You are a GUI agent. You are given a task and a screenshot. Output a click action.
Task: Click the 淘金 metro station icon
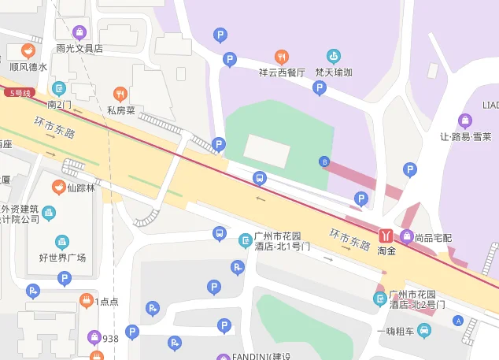click(386, 236)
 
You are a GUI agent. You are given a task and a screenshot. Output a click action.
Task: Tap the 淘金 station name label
click(386, 251)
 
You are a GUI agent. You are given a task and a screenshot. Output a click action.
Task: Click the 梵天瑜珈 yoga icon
click(334, 57)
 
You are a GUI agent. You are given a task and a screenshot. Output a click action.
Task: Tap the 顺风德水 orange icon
click(28, 51)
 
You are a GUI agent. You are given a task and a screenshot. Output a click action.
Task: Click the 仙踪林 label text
click(81, 187)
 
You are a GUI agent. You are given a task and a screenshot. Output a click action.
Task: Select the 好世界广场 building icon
click(62, 242)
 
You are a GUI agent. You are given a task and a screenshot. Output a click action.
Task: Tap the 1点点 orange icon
click(86, 300)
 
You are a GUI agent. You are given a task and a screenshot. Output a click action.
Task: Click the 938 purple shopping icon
click(94, 338)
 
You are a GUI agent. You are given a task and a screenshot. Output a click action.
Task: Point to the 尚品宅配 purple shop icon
click(407, 236)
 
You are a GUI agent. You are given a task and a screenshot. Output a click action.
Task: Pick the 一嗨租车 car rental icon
click(425, 330)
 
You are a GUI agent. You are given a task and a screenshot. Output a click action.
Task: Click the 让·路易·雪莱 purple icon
click(465, 121)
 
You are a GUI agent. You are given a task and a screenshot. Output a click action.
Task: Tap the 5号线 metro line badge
click(18, 93)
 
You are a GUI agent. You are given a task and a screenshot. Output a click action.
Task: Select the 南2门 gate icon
click(59, 88)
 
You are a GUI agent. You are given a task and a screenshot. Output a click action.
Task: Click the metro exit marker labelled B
click(323, 162)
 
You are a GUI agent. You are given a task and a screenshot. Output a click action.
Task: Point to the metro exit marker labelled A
click(458, 321)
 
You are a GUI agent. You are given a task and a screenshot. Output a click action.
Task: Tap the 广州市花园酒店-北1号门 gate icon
click(246, 240)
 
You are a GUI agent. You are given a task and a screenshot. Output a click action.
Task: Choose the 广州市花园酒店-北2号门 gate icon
click(380, 299)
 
